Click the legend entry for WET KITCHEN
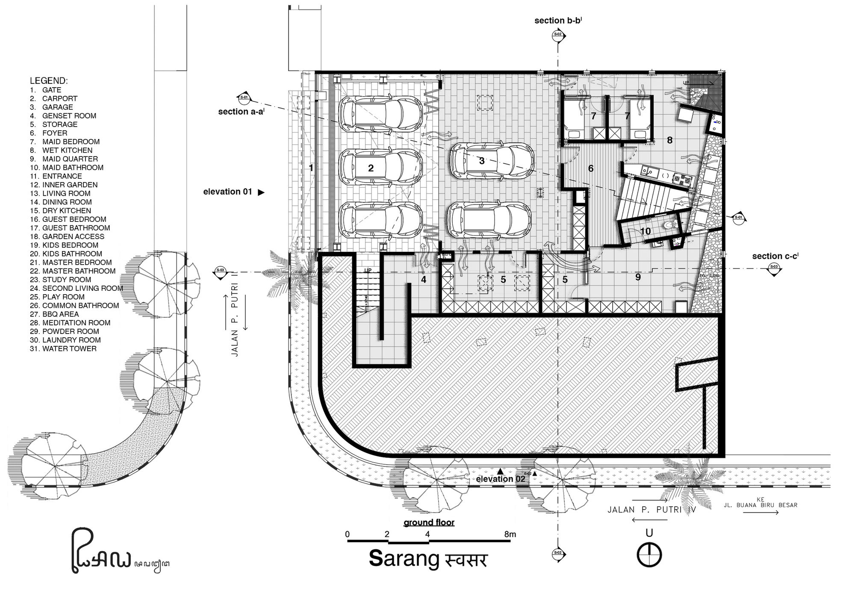(67, 150)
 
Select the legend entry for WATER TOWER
(69, 348)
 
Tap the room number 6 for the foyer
(591, 168)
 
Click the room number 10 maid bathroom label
(645, 231)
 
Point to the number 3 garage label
(482, 161)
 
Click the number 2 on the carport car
(371, 168)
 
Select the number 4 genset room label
(423, 280)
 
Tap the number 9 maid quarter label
(638, 277)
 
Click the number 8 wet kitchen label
(669, 140)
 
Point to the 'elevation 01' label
(228, 192)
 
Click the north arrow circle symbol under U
(649, 555)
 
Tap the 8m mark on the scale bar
(510, 534)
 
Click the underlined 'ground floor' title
(429, 522)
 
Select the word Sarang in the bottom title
(404, 558)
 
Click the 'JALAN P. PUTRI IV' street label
(652, 510)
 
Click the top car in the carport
(380, 113)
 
